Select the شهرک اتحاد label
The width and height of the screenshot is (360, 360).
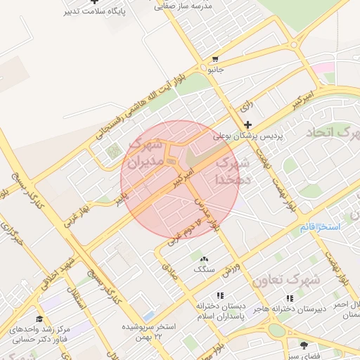tap(333, 131)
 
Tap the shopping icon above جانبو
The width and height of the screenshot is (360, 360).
tap(215, 59)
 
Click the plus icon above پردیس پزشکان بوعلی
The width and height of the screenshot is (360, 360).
tap(247, 124)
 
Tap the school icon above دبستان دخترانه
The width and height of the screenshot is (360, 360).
tap(220, 296)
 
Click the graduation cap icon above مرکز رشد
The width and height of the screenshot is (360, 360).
tap(39, 319)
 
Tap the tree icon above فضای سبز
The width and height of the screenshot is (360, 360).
tap(304, 345)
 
